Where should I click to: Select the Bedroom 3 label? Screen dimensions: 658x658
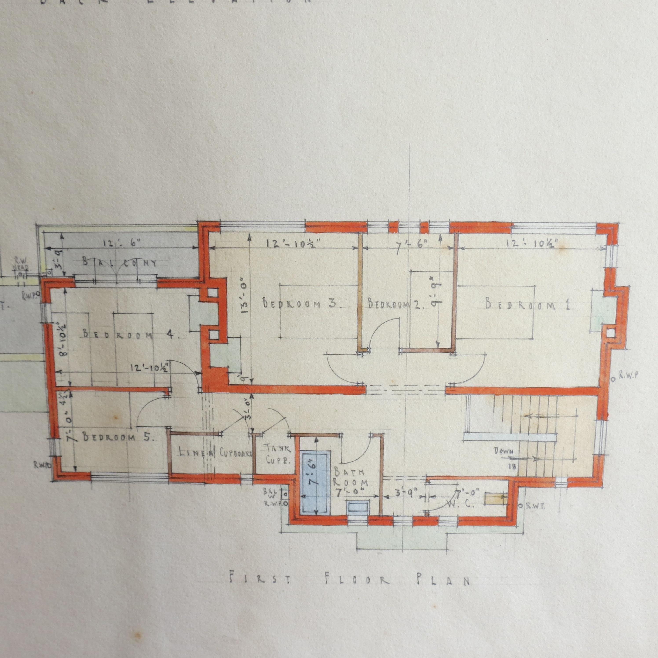pyautogui.click(x=302, y=303)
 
